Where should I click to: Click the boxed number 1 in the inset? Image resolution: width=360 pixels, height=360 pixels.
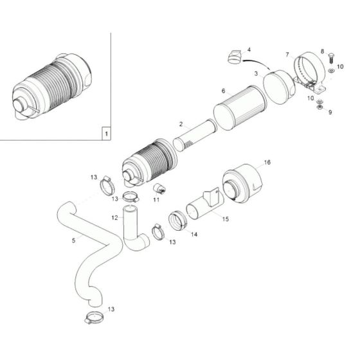click(105, 134)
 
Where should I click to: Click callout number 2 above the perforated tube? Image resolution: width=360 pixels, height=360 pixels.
click(181, 124)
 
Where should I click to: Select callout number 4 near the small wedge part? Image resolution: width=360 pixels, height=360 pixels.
click(249, 50)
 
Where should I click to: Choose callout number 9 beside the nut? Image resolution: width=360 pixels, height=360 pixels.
click(330, 112)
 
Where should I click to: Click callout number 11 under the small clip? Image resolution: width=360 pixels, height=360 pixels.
click(156, 200)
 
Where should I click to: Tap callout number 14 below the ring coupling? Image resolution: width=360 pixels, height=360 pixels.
click(195, 235)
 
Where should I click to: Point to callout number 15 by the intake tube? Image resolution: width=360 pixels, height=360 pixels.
click(225, 220)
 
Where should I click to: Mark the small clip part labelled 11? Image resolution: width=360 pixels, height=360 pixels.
click(158, 188)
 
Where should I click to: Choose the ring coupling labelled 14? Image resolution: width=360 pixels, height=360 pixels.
click(178, 219)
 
